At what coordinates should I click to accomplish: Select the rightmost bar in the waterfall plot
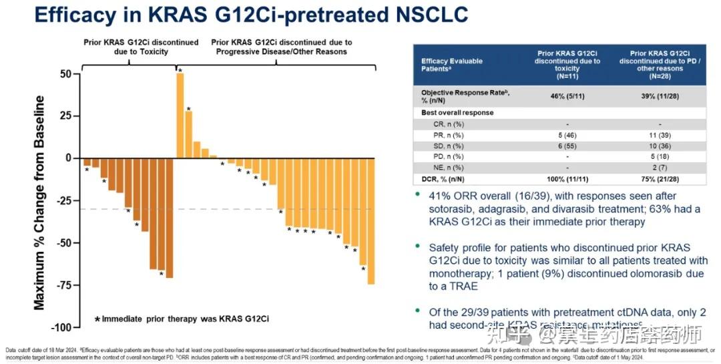coord(371,220)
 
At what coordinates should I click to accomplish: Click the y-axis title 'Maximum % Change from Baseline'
coord(40,203)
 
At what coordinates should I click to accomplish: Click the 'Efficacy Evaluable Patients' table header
coord(451,65)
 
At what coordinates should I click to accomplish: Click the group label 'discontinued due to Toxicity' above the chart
coord(141,47)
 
